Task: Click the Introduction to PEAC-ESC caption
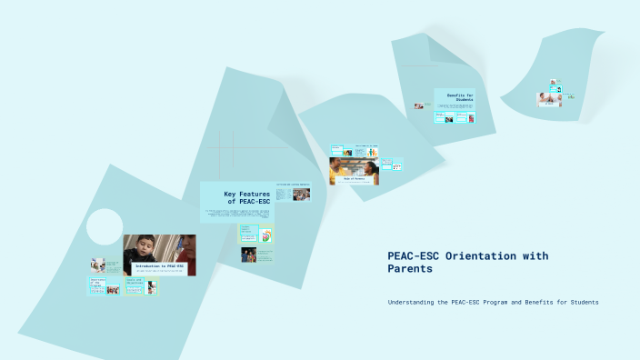pos(160,266)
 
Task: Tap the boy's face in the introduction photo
pos(145,248)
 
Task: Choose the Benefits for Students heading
pos(466,96)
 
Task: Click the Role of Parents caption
pos(354,180)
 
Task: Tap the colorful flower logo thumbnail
pos(265,235)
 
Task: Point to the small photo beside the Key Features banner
pos(300,195)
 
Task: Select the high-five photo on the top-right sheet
pos(548,98)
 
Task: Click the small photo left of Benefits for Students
pos(418,106)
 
